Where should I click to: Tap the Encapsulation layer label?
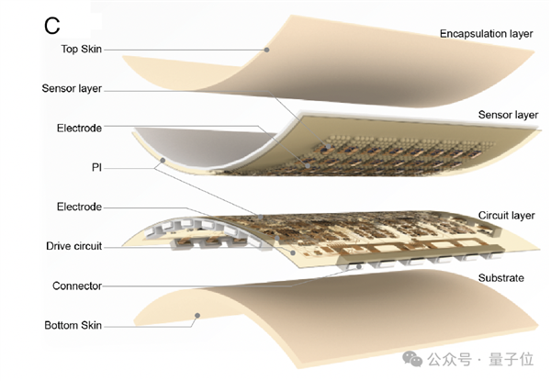486,34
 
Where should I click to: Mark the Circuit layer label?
504,216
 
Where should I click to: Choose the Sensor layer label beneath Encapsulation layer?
507,115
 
